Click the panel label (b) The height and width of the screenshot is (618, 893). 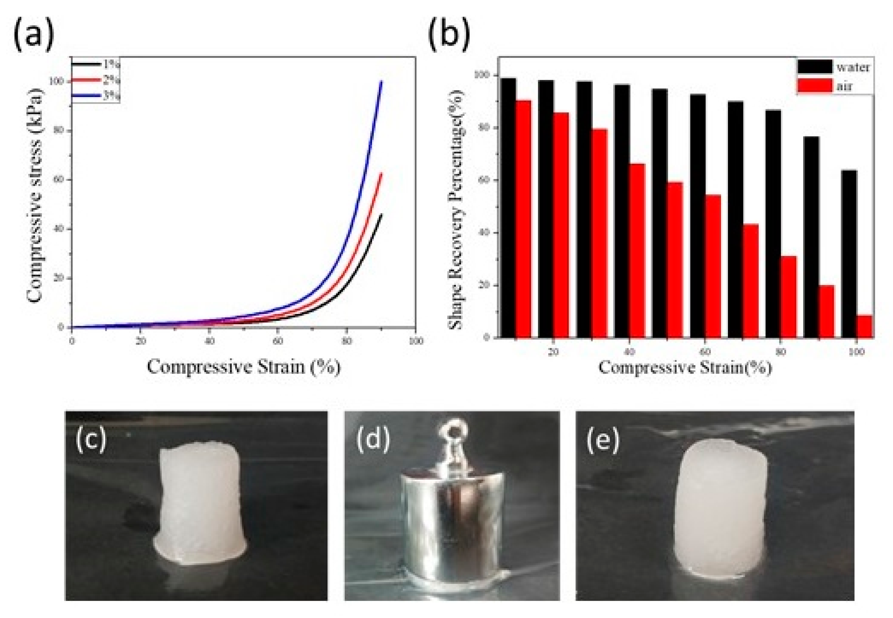449,35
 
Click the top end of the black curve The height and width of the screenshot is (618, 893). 381,214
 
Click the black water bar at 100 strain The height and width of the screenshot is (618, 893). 849,254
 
